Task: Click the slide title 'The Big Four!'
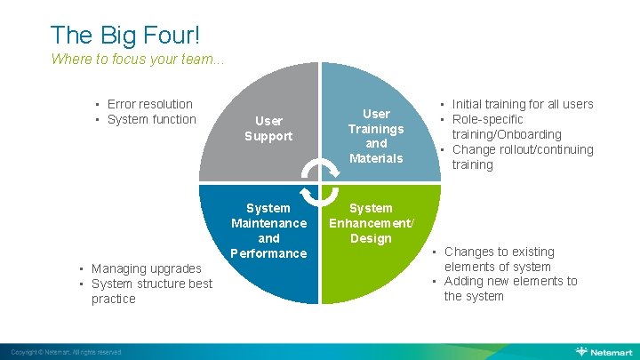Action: [125, 35]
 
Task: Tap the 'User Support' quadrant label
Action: [268, 128]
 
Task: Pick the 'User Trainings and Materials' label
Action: [376, 136]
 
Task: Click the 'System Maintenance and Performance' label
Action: [268, 230]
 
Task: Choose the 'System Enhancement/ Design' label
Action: [371, 223]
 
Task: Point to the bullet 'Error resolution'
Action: [149, 104]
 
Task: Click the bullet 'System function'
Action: [151, 119]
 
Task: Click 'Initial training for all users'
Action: [522, 104]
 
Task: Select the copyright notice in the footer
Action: [61, 353]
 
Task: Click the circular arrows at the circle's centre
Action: [319, 181]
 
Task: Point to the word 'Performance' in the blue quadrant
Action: [268, 253]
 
